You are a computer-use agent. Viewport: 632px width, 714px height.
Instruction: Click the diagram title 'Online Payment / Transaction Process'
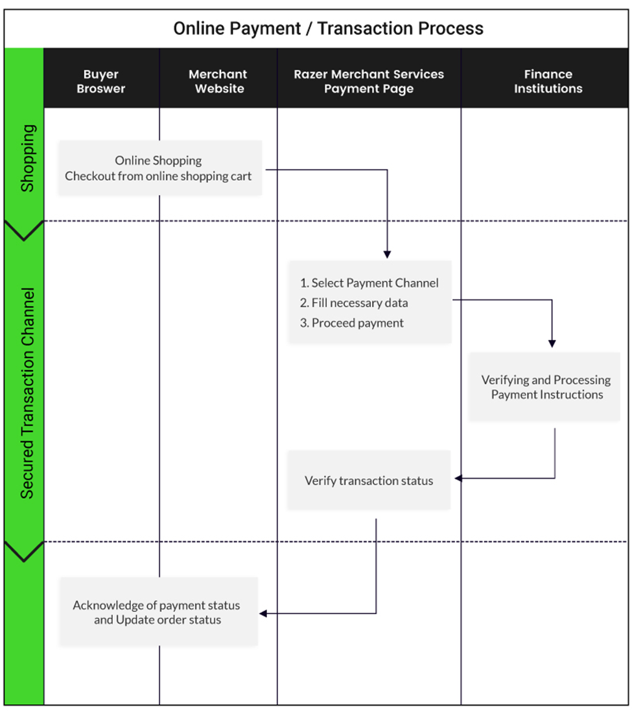328,29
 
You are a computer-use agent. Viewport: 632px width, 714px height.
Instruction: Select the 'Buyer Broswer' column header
100,81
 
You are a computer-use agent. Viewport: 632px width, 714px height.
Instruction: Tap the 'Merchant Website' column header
218,81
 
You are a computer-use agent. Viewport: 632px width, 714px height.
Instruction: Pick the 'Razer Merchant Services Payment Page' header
369,81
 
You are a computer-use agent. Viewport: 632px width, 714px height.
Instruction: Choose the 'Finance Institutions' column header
548,81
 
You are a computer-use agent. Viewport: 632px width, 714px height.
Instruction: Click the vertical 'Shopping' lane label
27,158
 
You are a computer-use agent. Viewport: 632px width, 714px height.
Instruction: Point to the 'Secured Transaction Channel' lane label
27,393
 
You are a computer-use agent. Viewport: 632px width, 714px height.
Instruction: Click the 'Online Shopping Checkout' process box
160,168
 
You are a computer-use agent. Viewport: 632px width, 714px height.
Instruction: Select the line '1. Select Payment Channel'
369,283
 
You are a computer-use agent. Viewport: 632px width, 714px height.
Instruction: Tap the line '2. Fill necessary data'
353,303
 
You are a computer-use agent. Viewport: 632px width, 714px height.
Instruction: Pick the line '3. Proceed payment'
351,323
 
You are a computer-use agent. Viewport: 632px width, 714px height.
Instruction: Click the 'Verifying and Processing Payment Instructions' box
544,387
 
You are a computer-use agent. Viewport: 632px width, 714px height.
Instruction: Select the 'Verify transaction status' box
369,480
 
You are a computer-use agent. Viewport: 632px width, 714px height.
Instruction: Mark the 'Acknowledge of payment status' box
159,612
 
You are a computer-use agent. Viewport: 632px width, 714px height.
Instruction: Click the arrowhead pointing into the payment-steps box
387,255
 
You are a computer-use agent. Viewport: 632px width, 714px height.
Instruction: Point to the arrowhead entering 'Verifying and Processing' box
552,344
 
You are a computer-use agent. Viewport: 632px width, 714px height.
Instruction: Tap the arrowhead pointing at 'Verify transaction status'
458,478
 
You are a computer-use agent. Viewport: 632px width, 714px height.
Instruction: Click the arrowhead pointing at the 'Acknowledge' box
263,613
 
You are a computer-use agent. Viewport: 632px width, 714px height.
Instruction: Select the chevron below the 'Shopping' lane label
24,230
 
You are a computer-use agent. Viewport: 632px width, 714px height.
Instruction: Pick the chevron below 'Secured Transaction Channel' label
24,551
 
